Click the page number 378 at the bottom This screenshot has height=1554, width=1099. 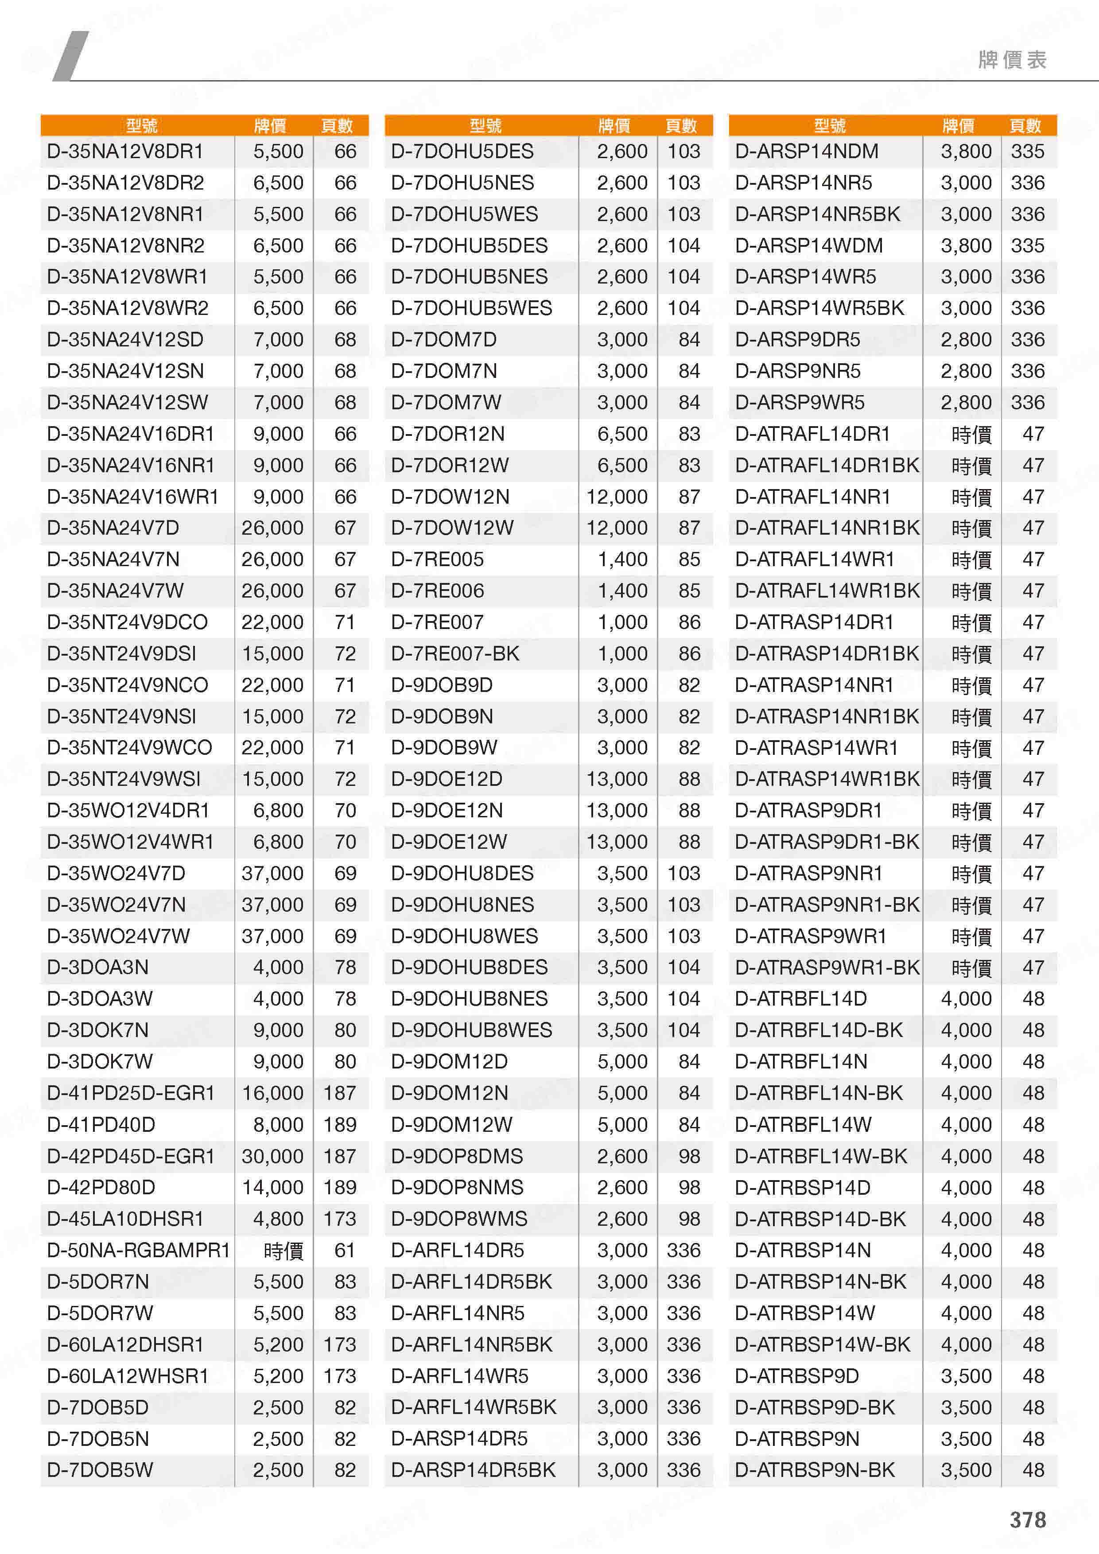click(1027, 1519)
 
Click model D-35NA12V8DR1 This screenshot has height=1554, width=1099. click(125, 152)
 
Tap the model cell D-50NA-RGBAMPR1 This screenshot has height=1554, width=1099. click(138, 1250)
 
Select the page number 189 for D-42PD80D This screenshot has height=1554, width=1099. click(340, 1187)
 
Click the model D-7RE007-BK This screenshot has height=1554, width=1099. click(455, 654)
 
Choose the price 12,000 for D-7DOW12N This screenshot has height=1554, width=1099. click(617, 497)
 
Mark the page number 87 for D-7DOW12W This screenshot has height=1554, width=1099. click(689, 528)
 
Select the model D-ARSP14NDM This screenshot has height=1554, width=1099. click(807, 152)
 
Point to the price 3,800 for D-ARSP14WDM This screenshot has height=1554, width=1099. click(966, 246)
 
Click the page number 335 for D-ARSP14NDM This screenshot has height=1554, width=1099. click(1027, 152)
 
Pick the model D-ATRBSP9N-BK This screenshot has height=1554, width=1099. click(815, 1470)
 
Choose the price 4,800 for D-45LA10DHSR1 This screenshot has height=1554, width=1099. click(277, 1219)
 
